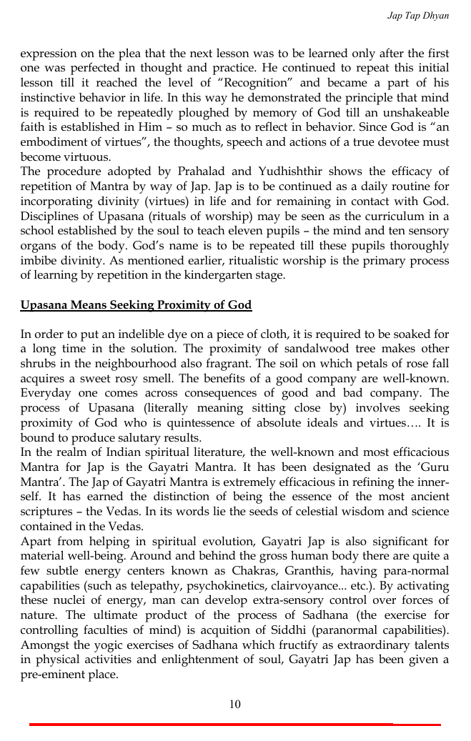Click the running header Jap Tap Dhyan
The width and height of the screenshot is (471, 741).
pos(418,15)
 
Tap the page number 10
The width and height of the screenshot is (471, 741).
pos(235,705)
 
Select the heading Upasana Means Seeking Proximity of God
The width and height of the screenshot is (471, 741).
pos(136,306)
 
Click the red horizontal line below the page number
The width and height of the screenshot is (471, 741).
pos(235,725)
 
